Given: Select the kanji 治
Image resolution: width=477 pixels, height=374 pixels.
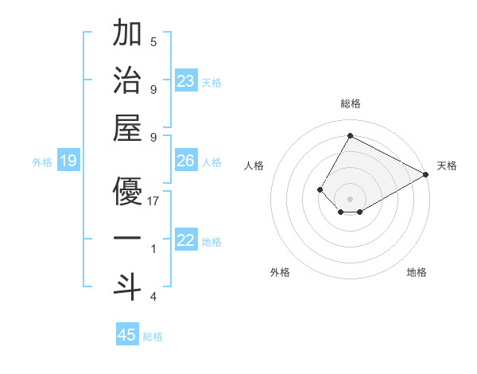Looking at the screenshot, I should (127, 81).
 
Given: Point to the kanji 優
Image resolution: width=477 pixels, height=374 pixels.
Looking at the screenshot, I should (127, 191).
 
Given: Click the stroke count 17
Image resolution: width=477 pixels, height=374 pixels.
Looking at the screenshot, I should (153, 201).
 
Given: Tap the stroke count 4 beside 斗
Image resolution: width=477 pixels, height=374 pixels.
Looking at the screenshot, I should (153, 297).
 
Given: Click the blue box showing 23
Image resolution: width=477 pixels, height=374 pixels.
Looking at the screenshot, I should (186, 81).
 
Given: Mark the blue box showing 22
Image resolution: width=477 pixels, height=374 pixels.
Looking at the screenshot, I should (186, 241).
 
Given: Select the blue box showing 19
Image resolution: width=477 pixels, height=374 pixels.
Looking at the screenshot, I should (68, 162).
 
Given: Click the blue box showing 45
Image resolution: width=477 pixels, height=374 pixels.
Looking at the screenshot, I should (127, 335).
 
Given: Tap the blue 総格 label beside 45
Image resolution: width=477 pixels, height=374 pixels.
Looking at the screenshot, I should (153, 337).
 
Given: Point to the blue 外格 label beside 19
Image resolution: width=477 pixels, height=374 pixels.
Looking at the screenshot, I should (42, 162).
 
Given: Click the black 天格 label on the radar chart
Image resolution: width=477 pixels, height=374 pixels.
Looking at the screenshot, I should (447, 166).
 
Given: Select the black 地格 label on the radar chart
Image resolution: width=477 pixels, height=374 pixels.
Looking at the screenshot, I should (417, 272).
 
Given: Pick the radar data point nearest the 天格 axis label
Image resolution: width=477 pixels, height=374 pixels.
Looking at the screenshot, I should (426, 174).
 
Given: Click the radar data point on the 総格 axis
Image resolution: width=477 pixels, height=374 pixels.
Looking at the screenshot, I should (350, 135).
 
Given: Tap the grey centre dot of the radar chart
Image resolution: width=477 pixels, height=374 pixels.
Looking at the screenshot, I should (350, 198).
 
